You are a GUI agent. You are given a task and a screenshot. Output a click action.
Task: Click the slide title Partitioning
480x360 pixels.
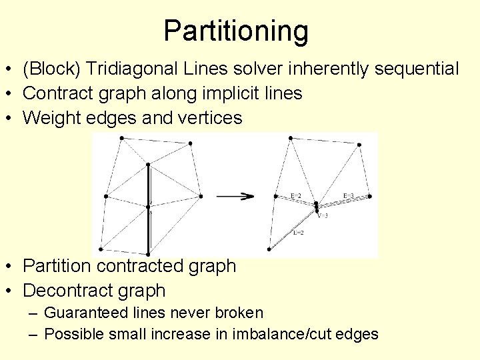(236, 31)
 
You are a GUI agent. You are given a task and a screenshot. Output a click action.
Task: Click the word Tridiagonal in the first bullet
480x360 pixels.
(128, 69)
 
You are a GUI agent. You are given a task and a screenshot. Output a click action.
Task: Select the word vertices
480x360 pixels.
(207, 118)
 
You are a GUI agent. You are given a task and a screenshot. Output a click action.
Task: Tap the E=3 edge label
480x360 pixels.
(348, 195)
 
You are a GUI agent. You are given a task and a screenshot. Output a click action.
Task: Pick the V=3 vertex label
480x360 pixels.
(323, 215)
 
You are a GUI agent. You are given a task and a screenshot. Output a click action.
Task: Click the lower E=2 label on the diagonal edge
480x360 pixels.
(299, 233)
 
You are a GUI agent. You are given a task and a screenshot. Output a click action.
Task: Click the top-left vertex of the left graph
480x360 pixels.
(121, 138)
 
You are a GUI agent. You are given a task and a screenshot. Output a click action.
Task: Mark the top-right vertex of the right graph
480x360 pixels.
(360, 145)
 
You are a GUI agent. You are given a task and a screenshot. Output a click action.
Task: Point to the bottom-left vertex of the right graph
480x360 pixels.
(269, 249)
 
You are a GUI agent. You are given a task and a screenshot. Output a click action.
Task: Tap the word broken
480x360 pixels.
(241, 313)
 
